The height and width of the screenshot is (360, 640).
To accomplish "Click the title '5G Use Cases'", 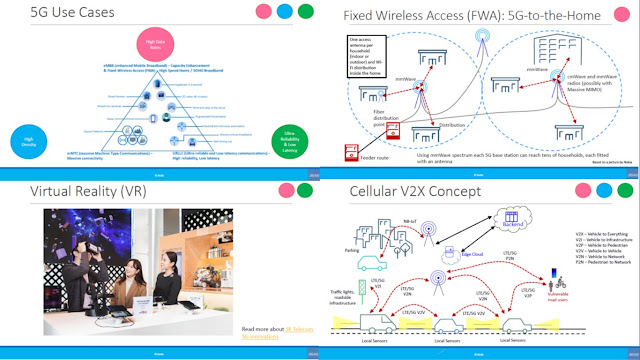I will [x=57, y=15].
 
